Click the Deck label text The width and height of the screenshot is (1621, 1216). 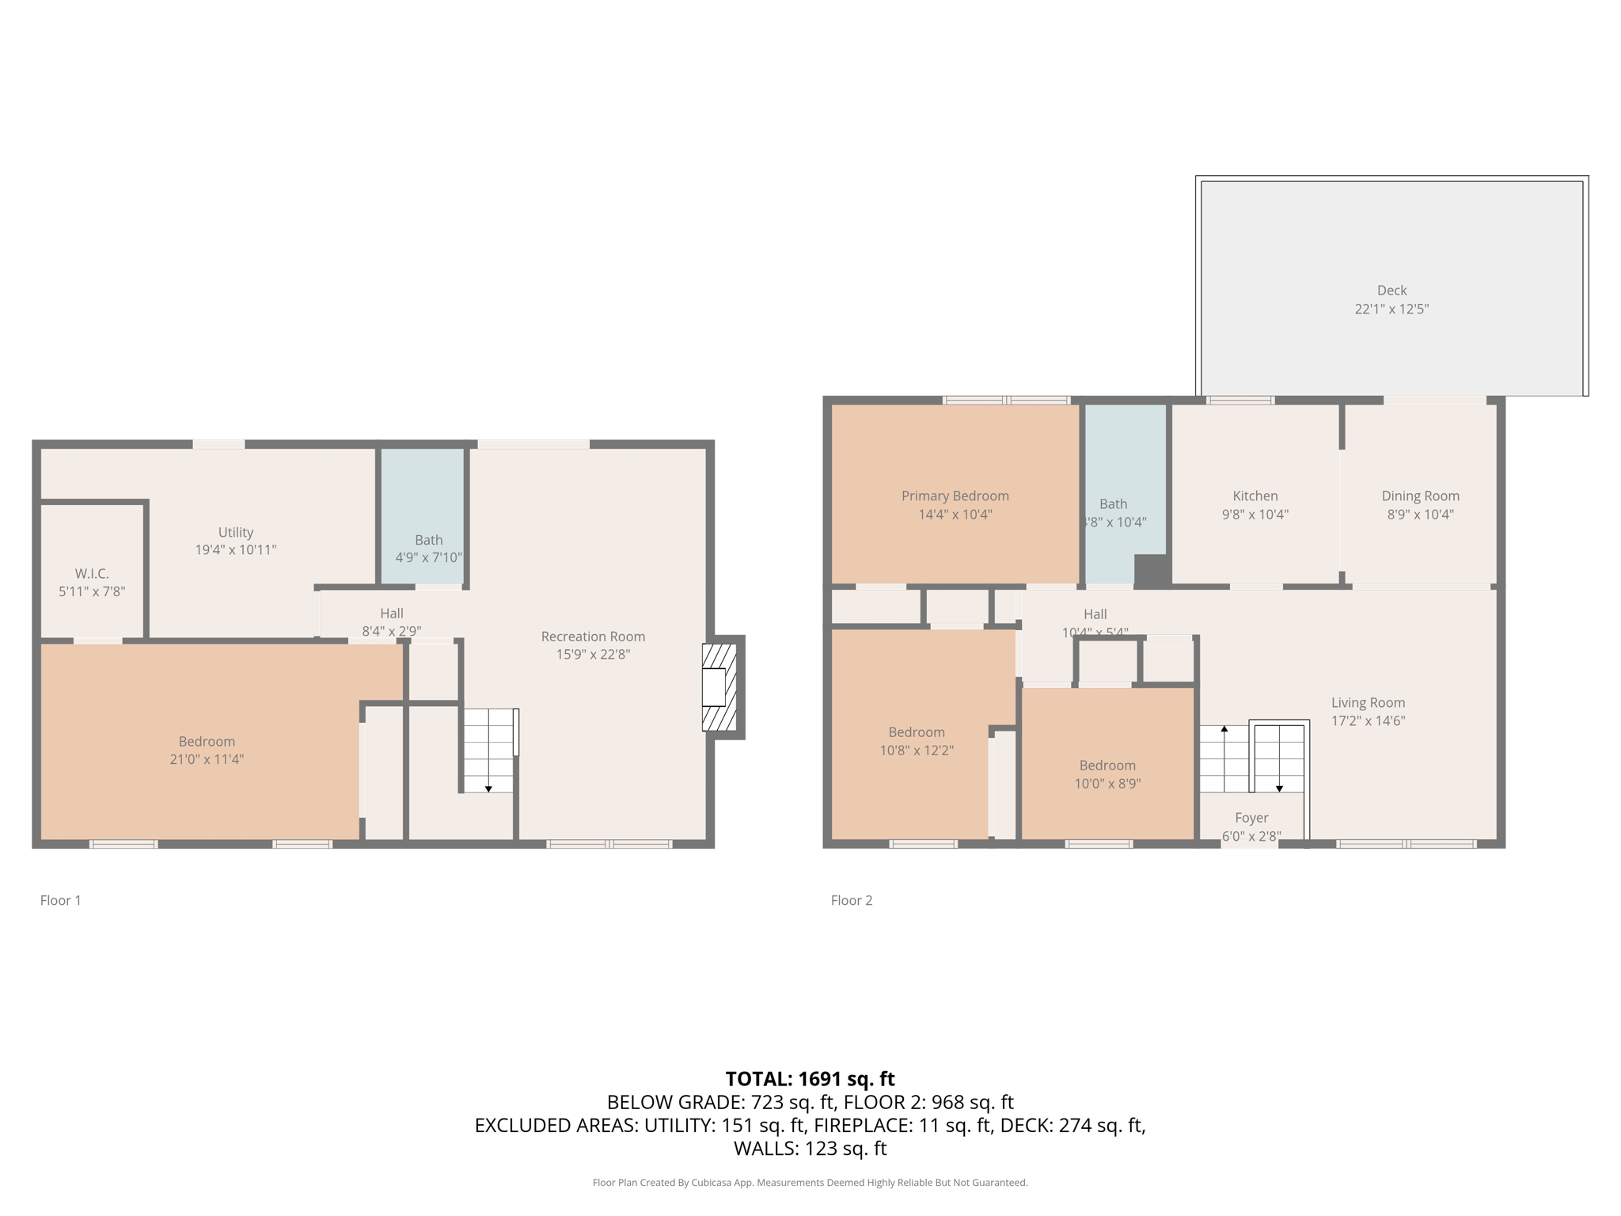(x=1391, y=291)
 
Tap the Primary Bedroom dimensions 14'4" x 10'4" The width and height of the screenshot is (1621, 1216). (x=955, y=515)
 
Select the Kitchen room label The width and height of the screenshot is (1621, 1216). (x=1255, y=496)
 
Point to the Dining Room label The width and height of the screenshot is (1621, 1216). (x=1420, y=496)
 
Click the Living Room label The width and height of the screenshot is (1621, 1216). (x=1368, y=702)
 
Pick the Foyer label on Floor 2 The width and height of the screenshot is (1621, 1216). (x=1251, y=818)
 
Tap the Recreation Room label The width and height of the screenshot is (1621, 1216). (x=593, y=636)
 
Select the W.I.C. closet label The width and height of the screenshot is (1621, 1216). (x=92, y=573)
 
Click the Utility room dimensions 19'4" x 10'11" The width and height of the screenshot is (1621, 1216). (x=236, y=550)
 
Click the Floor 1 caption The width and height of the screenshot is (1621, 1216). (x=61, y=900)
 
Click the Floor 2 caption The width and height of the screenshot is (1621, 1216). (x=852, y=900)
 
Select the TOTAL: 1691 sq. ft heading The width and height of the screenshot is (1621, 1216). (x=810, y=1079)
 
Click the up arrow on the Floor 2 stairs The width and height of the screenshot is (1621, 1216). (x=1224, y=729)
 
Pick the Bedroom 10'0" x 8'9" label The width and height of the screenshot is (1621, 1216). (x=1107, y=766)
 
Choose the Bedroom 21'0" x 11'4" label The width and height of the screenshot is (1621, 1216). (x=207, y=742)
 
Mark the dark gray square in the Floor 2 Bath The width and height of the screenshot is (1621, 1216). (x=1152, y=571)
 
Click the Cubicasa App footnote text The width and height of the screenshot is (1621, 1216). (x=810, y=1183)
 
